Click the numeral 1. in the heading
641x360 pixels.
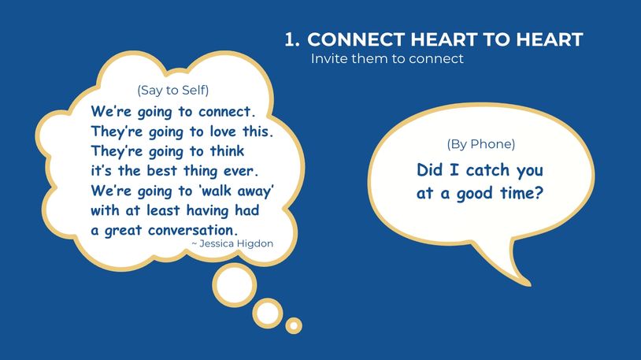point(292,39)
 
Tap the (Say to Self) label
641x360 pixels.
point(173,90)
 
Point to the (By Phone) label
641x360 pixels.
point(480,144)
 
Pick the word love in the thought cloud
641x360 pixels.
point(223,132)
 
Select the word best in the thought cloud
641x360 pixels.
point(162,171)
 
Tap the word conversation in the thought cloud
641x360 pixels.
point(193,230)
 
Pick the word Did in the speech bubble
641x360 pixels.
point(430,170)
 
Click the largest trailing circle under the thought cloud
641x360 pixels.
point(235,285)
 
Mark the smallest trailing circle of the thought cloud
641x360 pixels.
point(294,325)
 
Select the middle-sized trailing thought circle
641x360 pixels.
point(268,314)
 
